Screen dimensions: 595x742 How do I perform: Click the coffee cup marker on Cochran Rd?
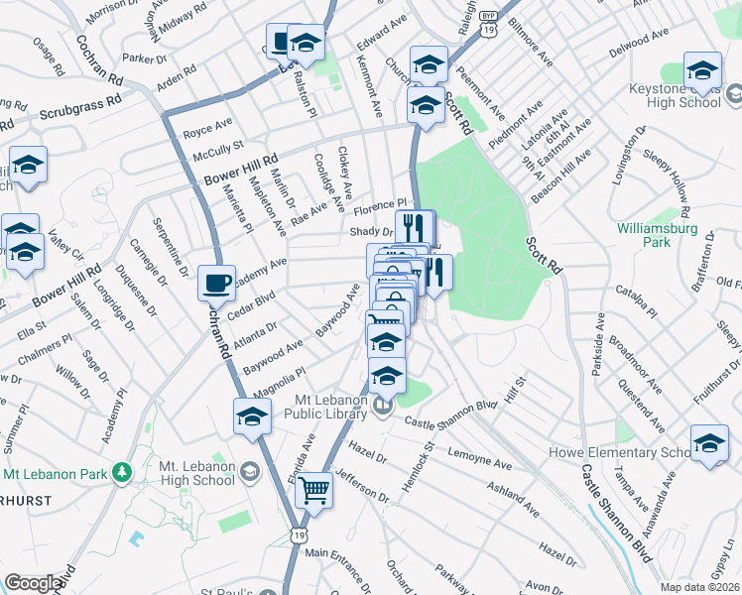[216, 284]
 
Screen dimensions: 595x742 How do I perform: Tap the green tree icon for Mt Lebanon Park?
[122, 471]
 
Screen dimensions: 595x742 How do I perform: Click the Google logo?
[33, 583]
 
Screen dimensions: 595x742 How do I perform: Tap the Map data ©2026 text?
[700, 587]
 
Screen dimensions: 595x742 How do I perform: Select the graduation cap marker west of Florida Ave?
[253, 416]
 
